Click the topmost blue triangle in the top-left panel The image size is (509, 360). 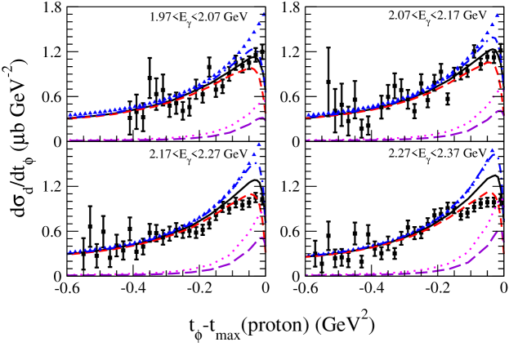click(264, 13)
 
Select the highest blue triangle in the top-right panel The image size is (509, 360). click(497, 16)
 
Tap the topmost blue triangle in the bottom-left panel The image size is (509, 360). click(258, 144)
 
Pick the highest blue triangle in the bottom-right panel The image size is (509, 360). click(492, 151)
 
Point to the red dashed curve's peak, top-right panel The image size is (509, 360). click(489, 62)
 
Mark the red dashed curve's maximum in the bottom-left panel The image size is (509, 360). click(252, 193)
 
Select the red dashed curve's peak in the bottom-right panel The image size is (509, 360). click(489, 192)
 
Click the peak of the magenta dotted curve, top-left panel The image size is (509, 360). click(261, 103)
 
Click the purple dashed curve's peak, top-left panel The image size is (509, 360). click(261, 118)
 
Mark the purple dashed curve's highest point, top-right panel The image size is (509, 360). click(500, 110)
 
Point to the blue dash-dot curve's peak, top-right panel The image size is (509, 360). click(492, 33)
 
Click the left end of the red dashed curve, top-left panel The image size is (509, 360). click(69, 118)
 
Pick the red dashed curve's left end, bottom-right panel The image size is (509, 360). click(307, 257)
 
